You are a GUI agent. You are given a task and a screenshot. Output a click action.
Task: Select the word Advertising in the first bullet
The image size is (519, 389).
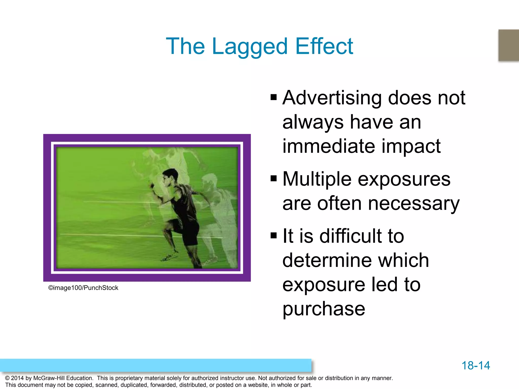[x=332, y=98]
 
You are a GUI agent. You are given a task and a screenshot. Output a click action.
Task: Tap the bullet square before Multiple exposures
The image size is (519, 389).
[x=274, y=178]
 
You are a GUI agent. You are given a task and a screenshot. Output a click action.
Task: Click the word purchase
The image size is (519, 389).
[x=324, y=309]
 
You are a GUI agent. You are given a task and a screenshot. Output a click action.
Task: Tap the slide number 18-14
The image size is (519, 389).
[x=476, y=365]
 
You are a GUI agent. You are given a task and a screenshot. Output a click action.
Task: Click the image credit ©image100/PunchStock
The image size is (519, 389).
[x=83, y=288]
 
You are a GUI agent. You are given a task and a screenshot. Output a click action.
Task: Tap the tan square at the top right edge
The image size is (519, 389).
[x=508, y=45]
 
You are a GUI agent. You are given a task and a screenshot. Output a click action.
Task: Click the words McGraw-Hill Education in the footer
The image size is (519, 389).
[x=63, y=378]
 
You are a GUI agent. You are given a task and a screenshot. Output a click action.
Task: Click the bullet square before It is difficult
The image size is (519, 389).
[x=274, y=236]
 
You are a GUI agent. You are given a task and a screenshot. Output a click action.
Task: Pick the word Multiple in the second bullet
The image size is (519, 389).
[x=317, y=179]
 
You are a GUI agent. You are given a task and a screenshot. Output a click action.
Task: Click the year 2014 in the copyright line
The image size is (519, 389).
[x=17, y=378]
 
